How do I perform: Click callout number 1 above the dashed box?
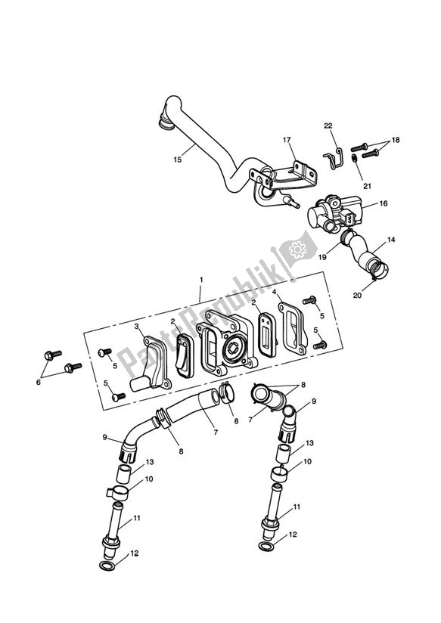[x=201, y=279]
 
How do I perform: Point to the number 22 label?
[x=328, y=126]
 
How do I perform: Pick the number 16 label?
[x=383, y=203]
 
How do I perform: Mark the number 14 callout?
[x=391, y=240]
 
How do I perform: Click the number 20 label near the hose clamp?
[x=357, y=295]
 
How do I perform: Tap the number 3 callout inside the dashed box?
[x=138, y=326]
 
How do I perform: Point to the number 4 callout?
[x=275, y=292]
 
